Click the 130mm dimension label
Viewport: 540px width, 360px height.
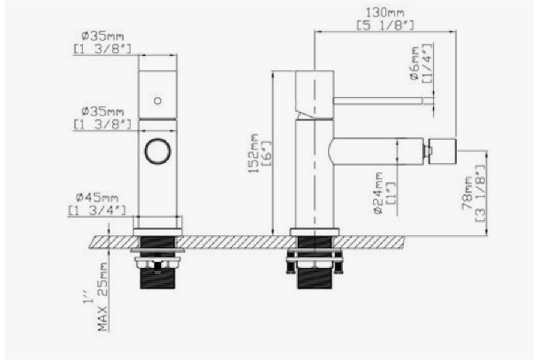[385, 13]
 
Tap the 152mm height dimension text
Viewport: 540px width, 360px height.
[253, 154]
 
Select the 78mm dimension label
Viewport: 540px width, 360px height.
[467, 193]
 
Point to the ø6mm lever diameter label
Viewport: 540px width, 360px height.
[415, 63]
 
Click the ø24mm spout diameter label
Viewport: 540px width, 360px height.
[378, 193]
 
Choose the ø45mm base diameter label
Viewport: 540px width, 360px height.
[97, 197]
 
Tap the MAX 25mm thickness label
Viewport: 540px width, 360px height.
[103, 296]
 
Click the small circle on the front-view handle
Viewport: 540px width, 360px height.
[158, 101]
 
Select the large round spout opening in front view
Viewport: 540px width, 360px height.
[158, 151]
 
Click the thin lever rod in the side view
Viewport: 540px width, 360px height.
[378, 100]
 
